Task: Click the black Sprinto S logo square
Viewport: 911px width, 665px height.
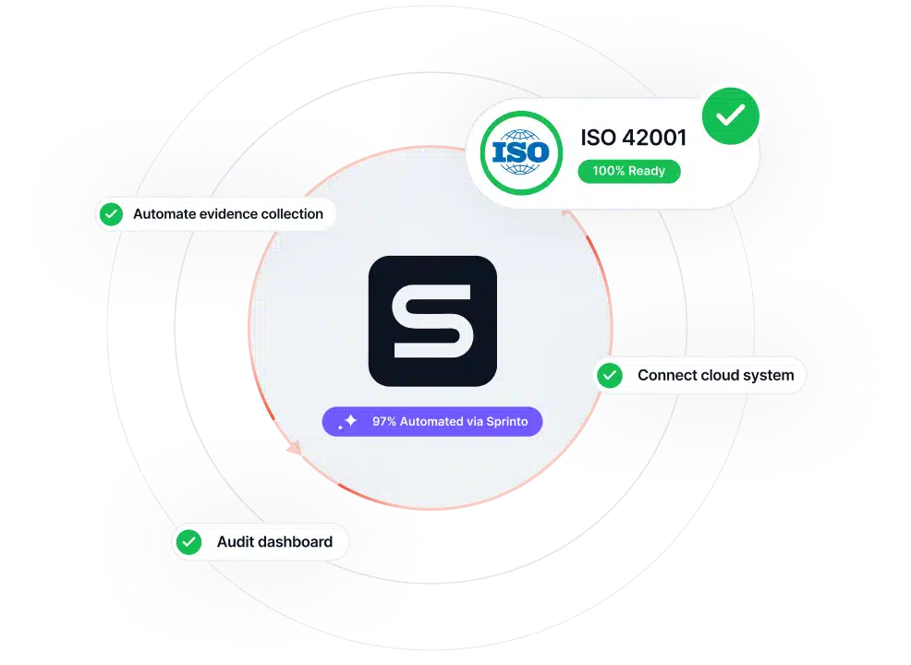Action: pos(432,321)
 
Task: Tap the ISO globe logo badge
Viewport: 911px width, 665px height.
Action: pos(521,152)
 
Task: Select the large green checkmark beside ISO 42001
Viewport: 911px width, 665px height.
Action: pos(730,116)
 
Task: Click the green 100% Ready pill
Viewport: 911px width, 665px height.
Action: pos(628,172)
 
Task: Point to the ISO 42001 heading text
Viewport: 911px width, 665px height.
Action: pos(633,138)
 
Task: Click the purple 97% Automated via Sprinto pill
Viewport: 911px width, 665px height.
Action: pos(432,422)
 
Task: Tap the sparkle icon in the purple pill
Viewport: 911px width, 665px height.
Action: pos(348,422)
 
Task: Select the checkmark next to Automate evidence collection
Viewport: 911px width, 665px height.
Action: pos(111,214)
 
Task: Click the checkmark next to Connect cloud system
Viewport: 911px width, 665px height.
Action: pos(610,375)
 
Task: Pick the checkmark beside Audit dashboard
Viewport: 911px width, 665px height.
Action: pos(188,542)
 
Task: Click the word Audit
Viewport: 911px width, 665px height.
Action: pos(235,542)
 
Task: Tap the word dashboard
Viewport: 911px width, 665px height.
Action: pos(295,542)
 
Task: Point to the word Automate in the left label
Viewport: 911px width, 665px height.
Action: pos(164,214)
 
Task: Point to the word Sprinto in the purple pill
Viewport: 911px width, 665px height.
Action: pos(507,422)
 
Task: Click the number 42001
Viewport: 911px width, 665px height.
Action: pos(654,138)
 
